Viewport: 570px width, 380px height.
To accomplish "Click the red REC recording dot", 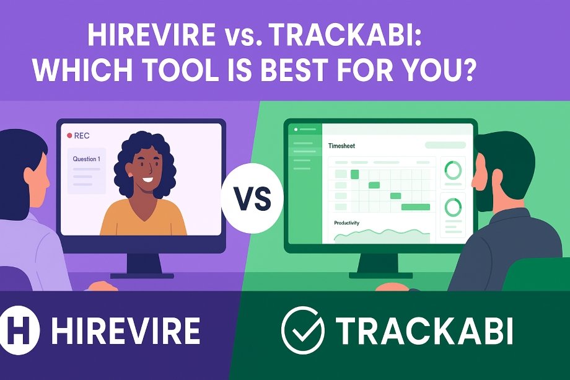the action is [x=69, y=136].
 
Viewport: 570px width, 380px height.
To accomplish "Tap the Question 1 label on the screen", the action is [x=87, y=159].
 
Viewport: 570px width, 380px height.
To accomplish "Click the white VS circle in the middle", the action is [x=252, y=198].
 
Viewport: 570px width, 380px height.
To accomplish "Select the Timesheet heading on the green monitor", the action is [x=341, y=146].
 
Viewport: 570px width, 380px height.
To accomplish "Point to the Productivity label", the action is [x=346, y=223].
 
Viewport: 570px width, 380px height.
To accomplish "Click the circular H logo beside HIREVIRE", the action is [x=19, y=330].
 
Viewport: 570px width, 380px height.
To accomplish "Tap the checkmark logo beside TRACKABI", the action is [x=302, y=330].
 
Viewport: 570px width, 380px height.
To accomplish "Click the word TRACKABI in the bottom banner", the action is [x=424, y=330].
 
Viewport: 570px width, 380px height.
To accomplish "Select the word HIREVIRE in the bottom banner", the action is [x=126, y=330].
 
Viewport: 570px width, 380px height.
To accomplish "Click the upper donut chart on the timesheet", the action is [x=453, y=170].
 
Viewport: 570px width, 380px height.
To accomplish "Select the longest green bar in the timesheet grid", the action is [x=416, y=207].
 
